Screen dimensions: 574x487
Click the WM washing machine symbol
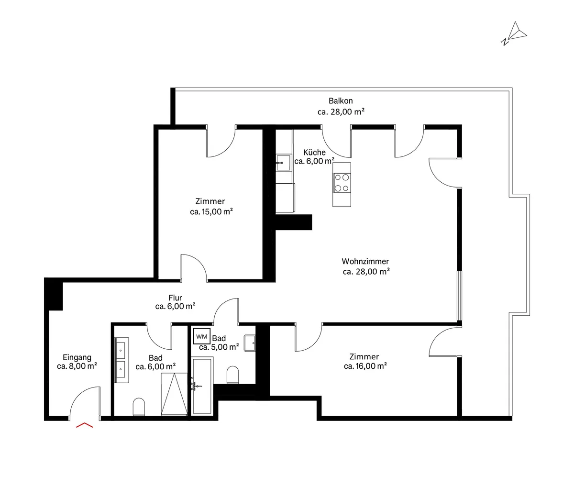[x=201, y=336]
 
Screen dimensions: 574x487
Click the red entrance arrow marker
[x=84, y=425]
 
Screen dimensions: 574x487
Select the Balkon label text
[x=341, y=100]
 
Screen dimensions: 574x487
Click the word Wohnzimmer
[x=365, y=261]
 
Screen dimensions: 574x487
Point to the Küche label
[x=314, y=152]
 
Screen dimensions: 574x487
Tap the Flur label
[x=175, y=298]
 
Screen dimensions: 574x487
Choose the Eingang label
[x=77, y=357]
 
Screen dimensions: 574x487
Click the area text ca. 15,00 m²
[x=211, y=212]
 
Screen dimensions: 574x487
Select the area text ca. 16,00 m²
[x=365, y=366]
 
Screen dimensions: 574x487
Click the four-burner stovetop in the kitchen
[x=342, y=183]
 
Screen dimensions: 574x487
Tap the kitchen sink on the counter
[x=283, y=163]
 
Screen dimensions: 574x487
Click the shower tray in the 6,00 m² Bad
[x=174, y=394]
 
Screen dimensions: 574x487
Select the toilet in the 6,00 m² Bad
[x=139, y=407]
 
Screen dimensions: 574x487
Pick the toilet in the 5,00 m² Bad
[x=233, y=375]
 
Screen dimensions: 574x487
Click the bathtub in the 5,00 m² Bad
[x=202, y=386]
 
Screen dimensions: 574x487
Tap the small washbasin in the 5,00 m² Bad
[x=250, y=343]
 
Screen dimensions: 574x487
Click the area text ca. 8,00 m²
[x=77, y=366]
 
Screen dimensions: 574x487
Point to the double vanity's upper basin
[x=121, y=350]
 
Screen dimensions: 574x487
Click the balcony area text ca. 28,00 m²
[x=341, y=111]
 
